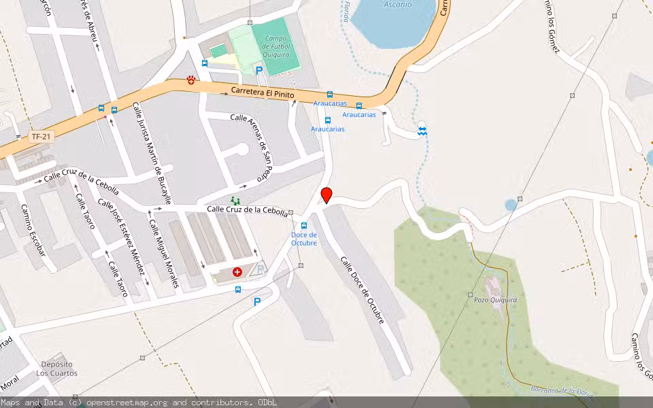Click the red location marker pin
326,195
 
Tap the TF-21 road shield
41,137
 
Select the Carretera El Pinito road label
263,92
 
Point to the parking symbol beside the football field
258,70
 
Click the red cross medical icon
237,272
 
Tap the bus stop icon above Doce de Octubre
303,226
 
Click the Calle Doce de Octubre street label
363,289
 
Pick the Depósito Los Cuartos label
56,369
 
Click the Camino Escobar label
33,230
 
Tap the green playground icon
235,201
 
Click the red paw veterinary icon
192,80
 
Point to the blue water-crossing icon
422,130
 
